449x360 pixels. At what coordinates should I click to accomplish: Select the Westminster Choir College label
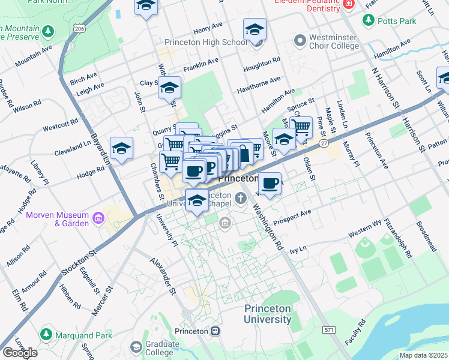pos(334,41)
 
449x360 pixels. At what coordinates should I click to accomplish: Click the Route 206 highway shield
pos(79,28)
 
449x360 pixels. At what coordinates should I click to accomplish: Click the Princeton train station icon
pos(215,331)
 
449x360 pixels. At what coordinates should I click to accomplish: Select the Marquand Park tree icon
pos(46,334)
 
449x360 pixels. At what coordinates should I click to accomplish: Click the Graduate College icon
pos(136,347)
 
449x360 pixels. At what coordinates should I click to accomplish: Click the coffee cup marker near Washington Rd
pos(270,182)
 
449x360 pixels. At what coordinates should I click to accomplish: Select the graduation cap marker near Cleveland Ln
pos(121,149)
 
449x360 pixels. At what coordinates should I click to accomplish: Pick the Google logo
pos(19,353)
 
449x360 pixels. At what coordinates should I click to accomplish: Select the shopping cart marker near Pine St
pos(301,127)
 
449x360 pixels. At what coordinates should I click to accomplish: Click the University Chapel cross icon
pos(240,198)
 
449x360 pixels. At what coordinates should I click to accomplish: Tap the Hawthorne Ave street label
pos(259,80)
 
